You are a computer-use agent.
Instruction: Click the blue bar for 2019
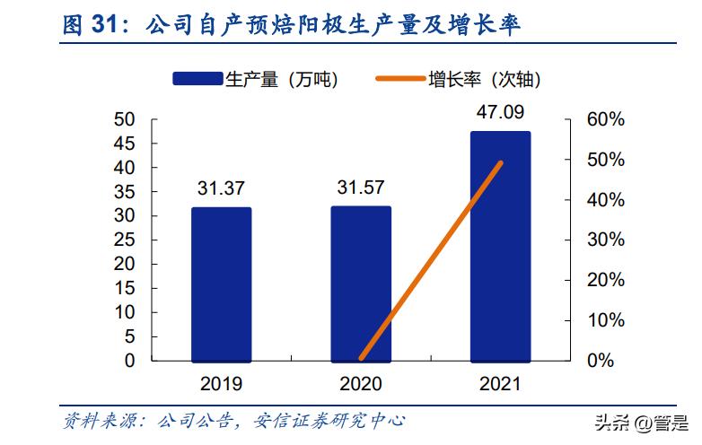click(x=221, y=284)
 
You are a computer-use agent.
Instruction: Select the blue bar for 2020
click(x=361, y=284)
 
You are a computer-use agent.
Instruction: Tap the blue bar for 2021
click(x=500, y=247)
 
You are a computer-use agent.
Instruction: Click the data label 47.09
click(x=500, y=113)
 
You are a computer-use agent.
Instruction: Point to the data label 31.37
click(x=221, y=188)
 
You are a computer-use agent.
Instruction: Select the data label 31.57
click(x=361, y=188)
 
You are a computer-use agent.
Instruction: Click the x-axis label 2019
click(x=221, y=384)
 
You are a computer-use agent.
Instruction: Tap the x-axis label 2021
click(x=500, y=384)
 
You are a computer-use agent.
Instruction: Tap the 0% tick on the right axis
click(x=600, y=361)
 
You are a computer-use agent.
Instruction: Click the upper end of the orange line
click(x=500, y=163)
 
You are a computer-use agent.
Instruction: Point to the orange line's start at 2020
click(x=361, y=359)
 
